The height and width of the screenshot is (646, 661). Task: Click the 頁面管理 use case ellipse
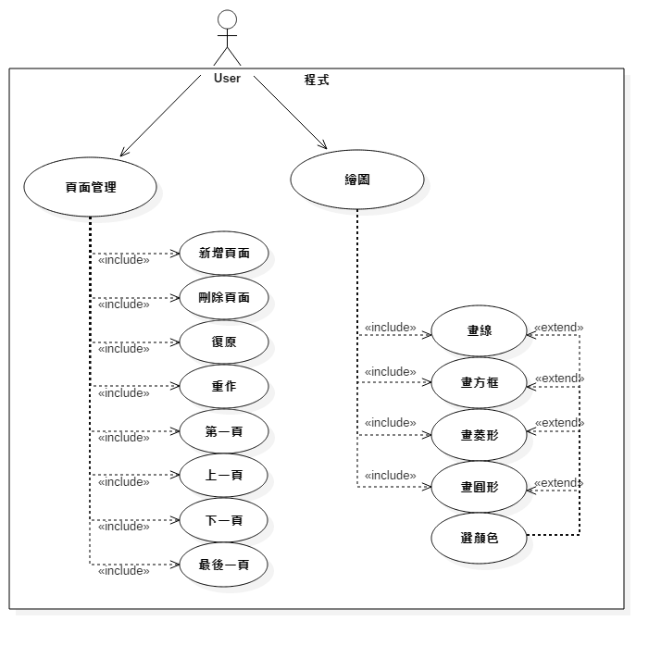coord(90,186)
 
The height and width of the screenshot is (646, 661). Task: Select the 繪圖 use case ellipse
coord(356,180)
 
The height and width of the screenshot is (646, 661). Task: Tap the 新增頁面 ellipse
coord(223,254)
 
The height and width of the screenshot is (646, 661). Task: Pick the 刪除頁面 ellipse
coord(223,298)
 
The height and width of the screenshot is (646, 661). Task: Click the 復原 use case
coord(223,342)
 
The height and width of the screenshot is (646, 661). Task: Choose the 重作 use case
coord(223,387)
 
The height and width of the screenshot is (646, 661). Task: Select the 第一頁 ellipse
coord(223,431)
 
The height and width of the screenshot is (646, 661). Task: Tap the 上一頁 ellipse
coord(223,476)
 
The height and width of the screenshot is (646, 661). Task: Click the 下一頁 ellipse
coord(223,520)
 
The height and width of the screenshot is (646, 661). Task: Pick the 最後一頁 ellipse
coord(223,564)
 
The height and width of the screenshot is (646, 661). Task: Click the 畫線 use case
coord(479,330)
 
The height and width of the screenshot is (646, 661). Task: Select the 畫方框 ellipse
coord(479,381)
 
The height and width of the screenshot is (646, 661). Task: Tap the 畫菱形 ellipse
coord(479,434)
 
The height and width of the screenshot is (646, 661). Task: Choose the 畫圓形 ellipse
coord(479,486)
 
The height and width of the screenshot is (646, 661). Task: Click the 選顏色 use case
coord(479,537)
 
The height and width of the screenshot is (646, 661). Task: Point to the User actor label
coord(227,79)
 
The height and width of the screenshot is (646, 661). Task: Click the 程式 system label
coord(317,81)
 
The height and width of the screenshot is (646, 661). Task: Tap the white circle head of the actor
coord(227,19)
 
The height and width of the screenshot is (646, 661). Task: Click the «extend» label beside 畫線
coord(558,328)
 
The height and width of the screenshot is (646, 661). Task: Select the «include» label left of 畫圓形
coord(390,476)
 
